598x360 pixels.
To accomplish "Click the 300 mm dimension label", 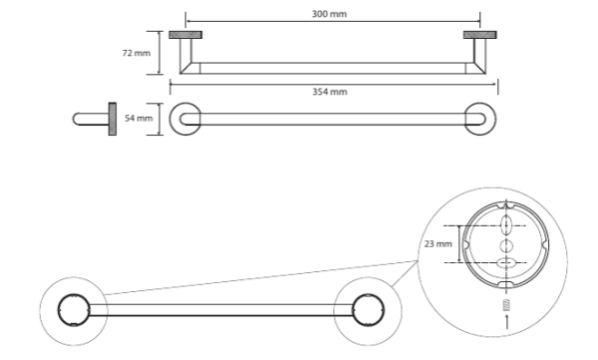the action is [x=329, y=14].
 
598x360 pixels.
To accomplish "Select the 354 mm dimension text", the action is [x=330, y=92].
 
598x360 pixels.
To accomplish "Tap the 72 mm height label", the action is [x=137, y=53].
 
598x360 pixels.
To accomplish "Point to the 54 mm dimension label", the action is [x=139, y=119].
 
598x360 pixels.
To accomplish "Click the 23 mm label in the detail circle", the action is [x=438, y=243].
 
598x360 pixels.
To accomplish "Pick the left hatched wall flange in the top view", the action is [x=185, y=35].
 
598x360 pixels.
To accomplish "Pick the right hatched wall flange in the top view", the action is [x=479, y=35].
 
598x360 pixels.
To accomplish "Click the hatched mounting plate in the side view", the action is [x=113, y=119].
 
